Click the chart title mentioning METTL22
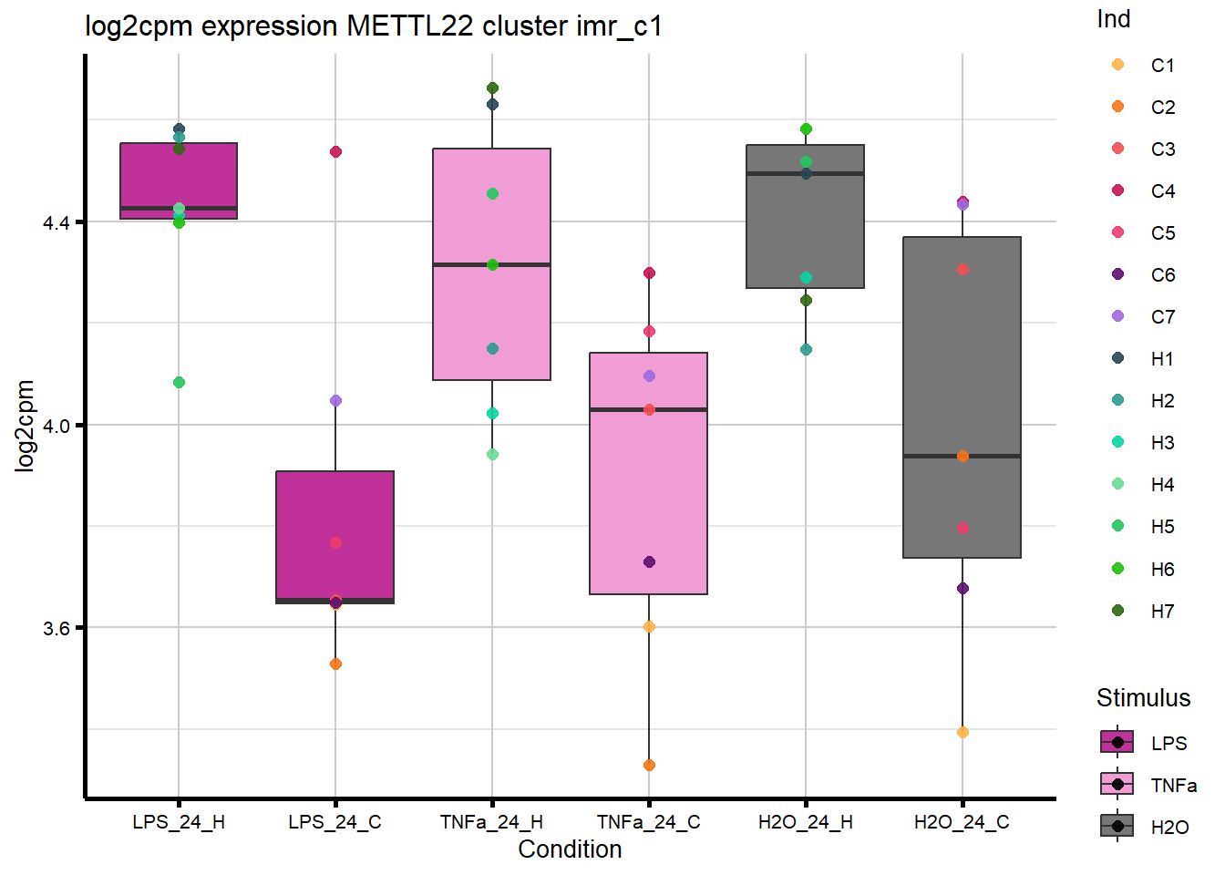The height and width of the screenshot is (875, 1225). [x=373, y=26]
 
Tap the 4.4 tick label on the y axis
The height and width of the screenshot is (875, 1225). [x=57, y=222]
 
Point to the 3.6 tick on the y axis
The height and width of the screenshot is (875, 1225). [x=57, y=628]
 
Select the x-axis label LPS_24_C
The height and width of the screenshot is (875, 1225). [x=335, y=822]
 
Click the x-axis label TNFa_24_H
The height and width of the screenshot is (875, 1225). [x=491, y=822]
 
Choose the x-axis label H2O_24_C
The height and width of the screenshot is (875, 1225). [x=962, y=822]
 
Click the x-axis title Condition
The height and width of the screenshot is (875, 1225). [x=570, y=849]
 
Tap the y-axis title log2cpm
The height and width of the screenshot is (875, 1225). [x=25, y=426]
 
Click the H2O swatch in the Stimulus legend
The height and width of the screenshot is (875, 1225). [x=1117, y=827]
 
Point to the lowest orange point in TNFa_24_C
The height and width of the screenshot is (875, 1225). [x=649, y=765]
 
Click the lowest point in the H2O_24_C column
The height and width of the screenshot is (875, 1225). [x=962, y=732]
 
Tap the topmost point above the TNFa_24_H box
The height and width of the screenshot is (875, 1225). [x=492, y=88]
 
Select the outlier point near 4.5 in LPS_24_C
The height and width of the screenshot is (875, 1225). [x=335, y=151]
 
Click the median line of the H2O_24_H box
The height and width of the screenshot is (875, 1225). [x=805, y=173]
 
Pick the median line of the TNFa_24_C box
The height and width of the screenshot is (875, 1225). [x=648, y=410]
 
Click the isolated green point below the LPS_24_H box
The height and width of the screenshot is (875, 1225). [x=179, y=382]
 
